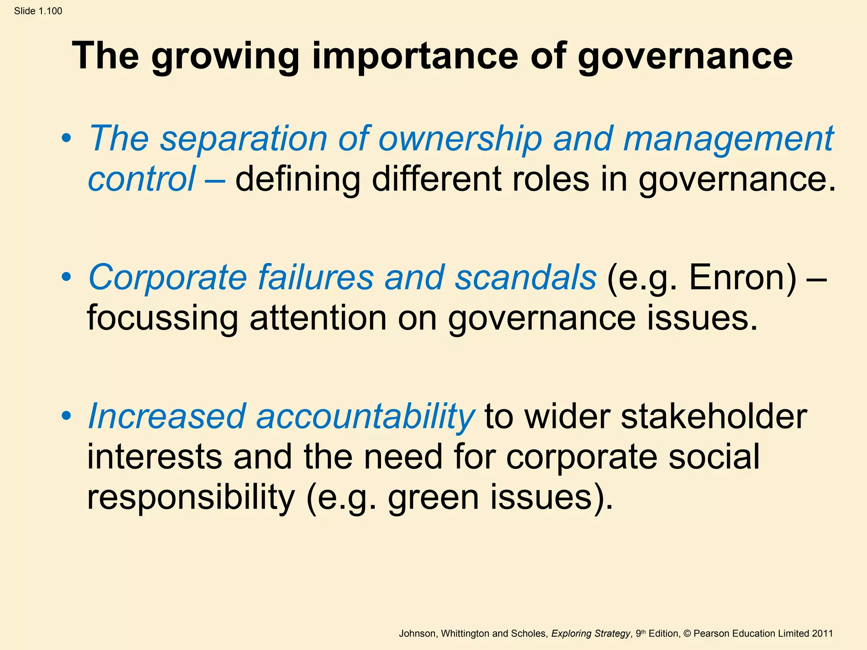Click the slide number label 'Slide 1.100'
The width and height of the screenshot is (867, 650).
pyautogui.click(x=38, y=11)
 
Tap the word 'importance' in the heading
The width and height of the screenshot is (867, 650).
pyautogui.click(x=415, y=57)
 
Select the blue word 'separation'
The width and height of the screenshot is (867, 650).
pyautogui.click(x=243, y=139)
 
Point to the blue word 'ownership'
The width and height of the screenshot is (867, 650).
pyautogui.click(x=460, y=139)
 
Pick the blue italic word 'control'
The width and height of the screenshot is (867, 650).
pyautogui.click(x=141, y=179)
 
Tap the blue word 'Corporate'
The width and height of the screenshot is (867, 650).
pyautogui.click(x=167, y=278)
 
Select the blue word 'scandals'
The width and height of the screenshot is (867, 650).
pyautogui.click(x=525, y=278)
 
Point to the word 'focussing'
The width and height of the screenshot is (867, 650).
pyautogui.click(x=163, y=318)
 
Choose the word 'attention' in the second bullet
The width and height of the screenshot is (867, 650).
pyautogui.click(x=318, y=318)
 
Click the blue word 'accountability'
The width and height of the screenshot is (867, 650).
pyautogui.click(x=365, y=416)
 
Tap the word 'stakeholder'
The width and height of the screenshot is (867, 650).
pyautogui.click(x=714, y=416)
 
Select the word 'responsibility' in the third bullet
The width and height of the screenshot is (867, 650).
pyautogui.click(x=191, y=498)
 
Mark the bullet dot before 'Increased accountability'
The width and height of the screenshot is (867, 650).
pyautogui.click(x=66, y=416)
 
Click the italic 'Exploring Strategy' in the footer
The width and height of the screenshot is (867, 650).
pyautogui.click(x=591, y=633)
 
